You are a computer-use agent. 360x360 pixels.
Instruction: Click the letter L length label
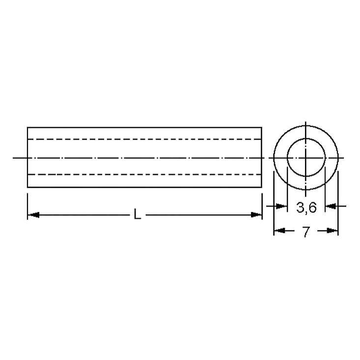(137, 214)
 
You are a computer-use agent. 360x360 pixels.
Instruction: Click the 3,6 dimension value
(306, 207)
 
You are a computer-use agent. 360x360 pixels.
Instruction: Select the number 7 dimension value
(306, 232)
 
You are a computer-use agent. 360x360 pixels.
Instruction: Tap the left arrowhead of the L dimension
(33, 215)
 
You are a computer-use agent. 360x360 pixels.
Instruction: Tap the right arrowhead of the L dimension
(256, 215)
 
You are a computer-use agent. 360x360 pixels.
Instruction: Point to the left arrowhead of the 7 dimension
(280, 231)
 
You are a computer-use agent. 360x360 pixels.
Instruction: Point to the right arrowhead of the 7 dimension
(332, 231)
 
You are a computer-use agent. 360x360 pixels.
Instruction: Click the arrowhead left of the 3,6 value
(281, 206)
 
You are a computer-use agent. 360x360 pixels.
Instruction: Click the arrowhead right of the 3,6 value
(331, 206)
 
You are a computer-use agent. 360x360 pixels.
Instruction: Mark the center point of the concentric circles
(306, 158)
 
